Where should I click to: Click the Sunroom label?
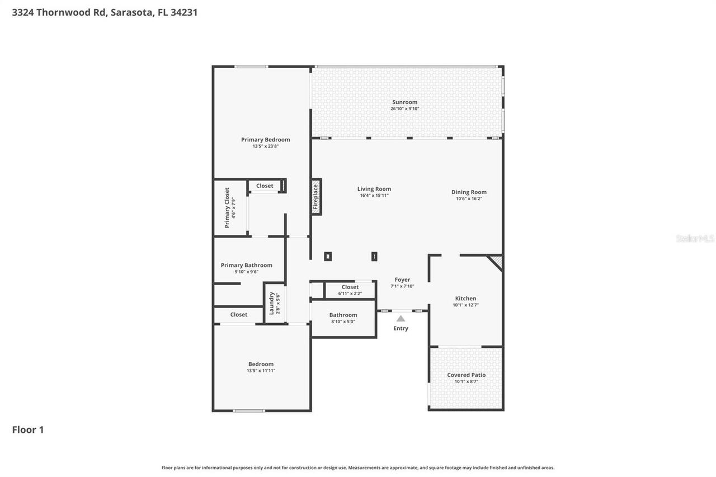click(404, 102)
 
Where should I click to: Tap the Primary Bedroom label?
click(265, 140)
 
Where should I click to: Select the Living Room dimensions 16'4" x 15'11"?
click(374, 196)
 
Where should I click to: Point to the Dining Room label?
click(469, 192)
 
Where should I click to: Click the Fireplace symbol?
click(316, 197)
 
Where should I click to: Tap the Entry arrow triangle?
click(401, 318)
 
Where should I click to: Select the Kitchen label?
click(465, 299)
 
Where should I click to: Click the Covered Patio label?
click(466, 375)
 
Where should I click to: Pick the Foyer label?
click(402, 280)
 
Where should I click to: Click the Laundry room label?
click(272, 303)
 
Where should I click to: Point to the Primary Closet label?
click(227, 207)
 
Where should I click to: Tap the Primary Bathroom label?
click(246, 265)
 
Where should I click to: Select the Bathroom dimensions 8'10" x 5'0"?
click(343, 322)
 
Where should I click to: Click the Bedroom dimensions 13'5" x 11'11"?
click(261, 371)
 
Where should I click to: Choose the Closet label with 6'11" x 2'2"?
click(350, 287)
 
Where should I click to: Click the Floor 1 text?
click(28, 429)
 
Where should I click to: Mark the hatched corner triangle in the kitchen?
click(496, 261)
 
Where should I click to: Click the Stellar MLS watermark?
click(695, 238)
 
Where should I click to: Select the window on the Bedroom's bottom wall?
click(248, 410)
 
